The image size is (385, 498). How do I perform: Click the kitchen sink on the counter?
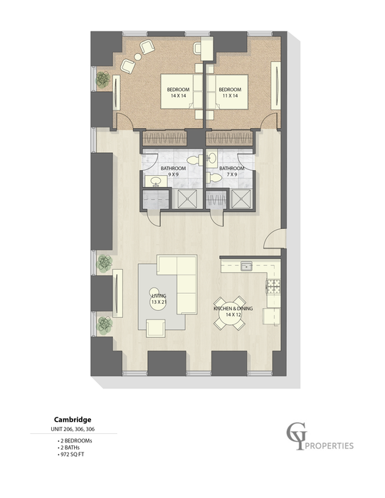tap(246, 267)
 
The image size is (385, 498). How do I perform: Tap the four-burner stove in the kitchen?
tap(273, 287)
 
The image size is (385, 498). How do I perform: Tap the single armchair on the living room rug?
tap(154, 327)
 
